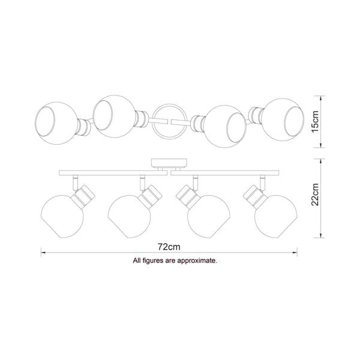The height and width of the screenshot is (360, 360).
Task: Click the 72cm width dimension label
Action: tap(169, 247)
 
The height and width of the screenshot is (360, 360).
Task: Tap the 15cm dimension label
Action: tap(315, 121)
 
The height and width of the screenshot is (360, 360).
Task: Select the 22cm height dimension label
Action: tap(315, 194)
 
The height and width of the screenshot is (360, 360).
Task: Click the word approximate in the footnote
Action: tap(197, 261)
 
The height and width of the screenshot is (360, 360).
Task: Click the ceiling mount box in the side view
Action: tap(169, 163)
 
